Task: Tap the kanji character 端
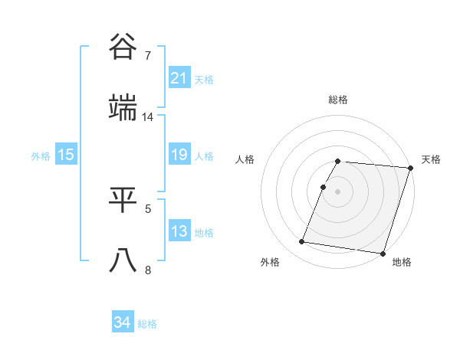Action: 123,108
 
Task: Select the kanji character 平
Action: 123,200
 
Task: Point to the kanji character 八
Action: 123,260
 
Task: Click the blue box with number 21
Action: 179,77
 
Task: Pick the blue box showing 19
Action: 179,155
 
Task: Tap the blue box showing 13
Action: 179,231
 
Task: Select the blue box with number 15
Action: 66,155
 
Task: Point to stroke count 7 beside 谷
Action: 148,55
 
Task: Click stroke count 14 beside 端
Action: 148,117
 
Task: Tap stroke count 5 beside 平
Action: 148,208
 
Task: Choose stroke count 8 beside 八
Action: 148,270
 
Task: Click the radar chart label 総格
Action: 338,100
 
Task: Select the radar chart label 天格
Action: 431,159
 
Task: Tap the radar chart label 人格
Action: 245,159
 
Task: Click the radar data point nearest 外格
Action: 301,242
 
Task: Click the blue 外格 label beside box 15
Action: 41,155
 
